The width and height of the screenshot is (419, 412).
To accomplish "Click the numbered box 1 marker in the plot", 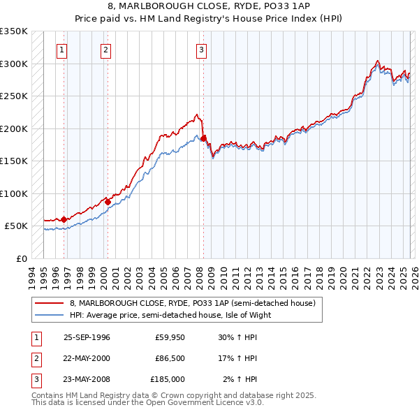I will pos(63,50).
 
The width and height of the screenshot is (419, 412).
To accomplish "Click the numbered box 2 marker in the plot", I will pos(105,50).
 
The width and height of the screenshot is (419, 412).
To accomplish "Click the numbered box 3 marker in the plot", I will pos(201,50).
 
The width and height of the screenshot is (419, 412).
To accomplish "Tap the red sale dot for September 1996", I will pos(64,219).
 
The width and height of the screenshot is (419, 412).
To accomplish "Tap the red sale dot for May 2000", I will pos(108,202).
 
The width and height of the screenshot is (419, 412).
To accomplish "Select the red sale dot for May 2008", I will pos(203,138).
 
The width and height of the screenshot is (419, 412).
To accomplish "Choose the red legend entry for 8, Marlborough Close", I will pos(193,303).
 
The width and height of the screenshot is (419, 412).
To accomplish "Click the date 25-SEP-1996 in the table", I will pos(87,337).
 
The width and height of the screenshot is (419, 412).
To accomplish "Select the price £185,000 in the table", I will pos(168,379).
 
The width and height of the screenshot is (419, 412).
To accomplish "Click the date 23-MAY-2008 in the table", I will pos(87,379).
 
